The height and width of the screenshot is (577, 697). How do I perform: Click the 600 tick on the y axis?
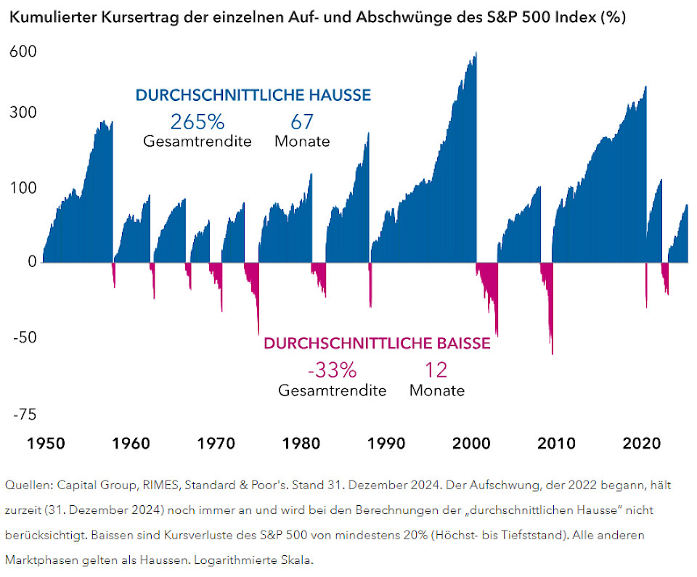coord(23,52)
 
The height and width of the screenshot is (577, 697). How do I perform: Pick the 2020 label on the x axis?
coord(641,443)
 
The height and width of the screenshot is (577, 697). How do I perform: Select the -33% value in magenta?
coord(332,370)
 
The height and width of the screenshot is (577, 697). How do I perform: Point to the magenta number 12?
coord(436,370)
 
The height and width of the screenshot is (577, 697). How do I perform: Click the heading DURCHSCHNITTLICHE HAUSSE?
coord(253,95)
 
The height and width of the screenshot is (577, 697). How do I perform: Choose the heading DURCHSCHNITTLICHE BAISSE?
coord(377,343)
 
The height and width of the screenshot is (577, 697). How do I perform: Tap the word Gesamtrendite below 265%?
coord(197,142)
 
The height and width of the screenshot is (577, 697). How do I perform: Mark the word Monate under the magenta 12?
coord(436,390)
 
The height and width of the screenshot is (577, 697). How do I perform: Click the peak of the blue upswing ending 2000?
coord(475,54)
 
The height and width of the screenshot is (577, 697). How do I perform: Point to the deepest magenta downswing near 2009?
coord(553,353)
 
